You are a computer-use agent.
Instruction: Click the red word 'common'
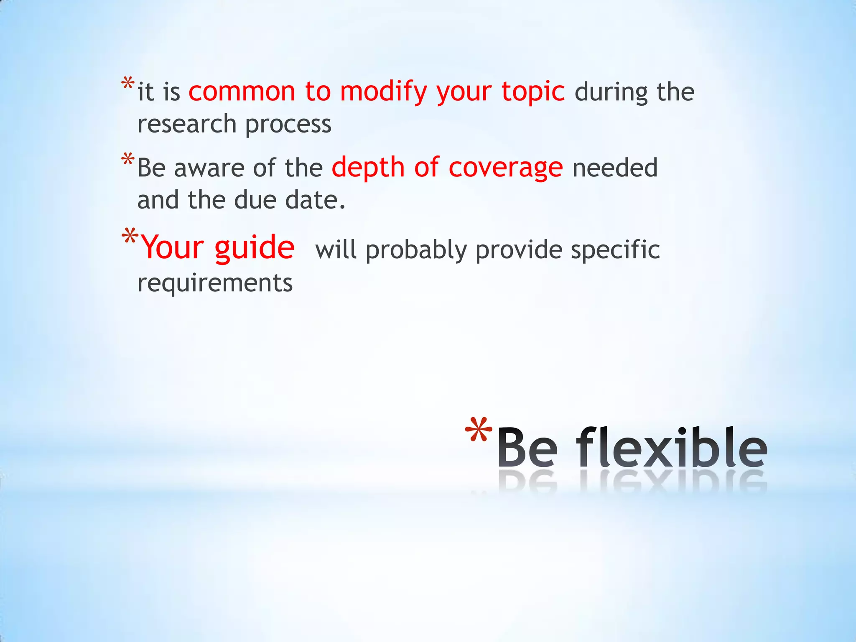242,92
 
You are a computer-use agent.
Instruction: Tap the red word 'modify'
383,92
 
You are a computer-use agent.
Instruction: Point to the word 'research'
187,124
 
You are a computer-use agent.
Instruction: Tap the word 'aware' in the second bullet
209,168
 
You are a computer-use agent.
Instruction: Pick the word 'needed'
615,168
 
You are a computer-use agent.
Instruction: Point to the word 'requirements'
215,283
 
